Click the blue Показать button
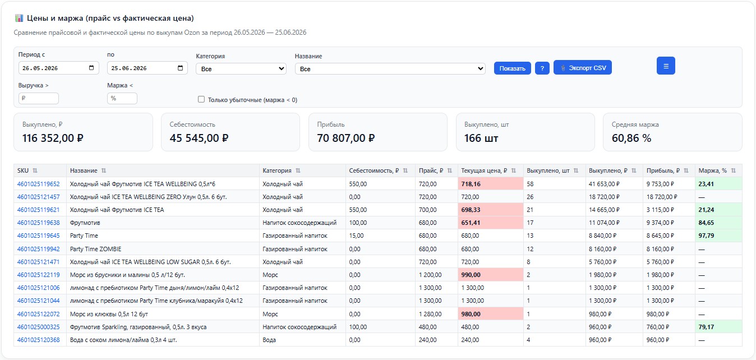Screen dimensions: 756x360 point(512,68)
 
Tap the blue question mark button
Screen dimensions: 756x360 point(542,68)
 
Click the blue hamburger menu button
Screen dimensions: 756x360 point(666,66)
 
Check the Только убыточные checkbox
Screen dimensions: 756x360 point(201,99)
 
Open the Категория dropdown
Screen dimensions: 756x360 point(241,69)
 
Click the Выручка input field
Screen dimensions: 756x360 point(39,98)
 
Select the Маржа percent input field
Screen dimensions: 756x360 point(122,98)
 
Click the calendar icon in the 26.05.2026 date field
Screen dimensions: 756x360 point(91,68)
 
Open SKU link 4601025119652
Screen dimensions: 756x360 point(39,184)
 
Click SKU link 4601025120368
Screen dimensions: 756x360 point(39,340)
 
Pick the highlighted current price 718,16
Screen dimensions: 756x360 point(471,184)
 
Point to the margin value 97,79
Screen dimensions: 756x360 point(706,236)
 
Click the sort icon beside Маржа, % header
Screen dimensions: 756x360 point(734,170)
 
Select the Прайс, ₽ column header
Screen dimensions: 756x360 point(431,170)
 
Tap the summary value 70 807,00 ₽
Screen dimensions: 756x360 point(346,138)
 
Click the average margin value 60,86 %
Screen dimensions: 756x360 point(631,138)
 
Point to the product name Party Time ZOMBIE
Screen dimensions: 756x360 point(95,249)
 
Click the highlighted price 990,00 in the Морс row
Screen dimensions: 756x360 point(471,275)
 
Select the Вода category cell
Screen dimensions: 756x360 point(269,340)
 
